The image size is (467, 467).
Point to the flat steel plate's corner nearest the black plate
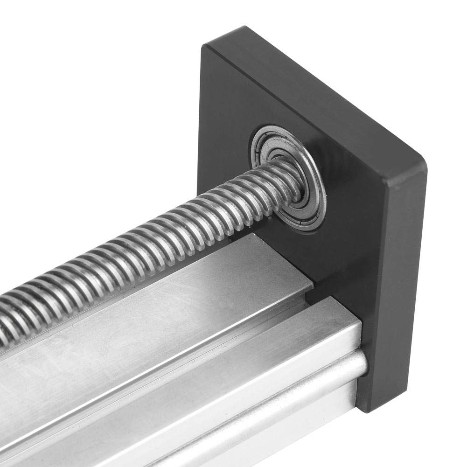[312, 285]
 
